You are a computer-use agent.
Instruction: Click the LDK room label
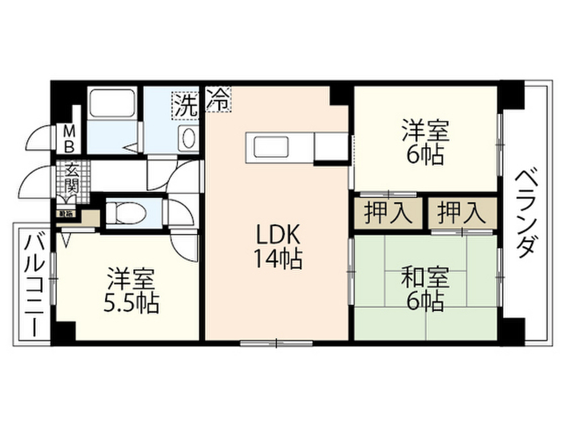277,236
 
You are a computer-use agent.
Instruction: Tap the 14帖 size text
277,258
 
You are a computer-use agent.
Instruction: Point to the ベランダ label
526,215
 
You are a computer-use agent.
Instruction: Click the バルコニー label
34,284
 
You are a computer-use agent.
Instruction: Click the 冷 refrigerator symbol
218,100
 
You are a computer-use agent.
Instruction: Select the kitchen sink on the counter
269,147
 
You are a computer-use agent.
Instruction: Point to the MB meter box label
70,140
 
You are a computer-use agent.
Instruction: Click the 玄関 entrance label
71,176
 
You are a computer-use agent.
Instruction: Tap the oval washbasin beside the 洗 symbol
188,137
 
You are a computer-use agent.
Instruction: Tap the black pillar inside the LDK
338,94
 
